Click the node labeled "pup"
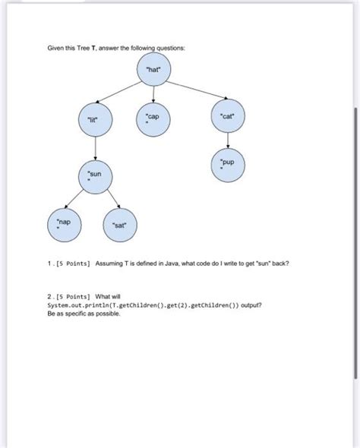228,166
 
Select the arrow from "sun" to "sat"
109,200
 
